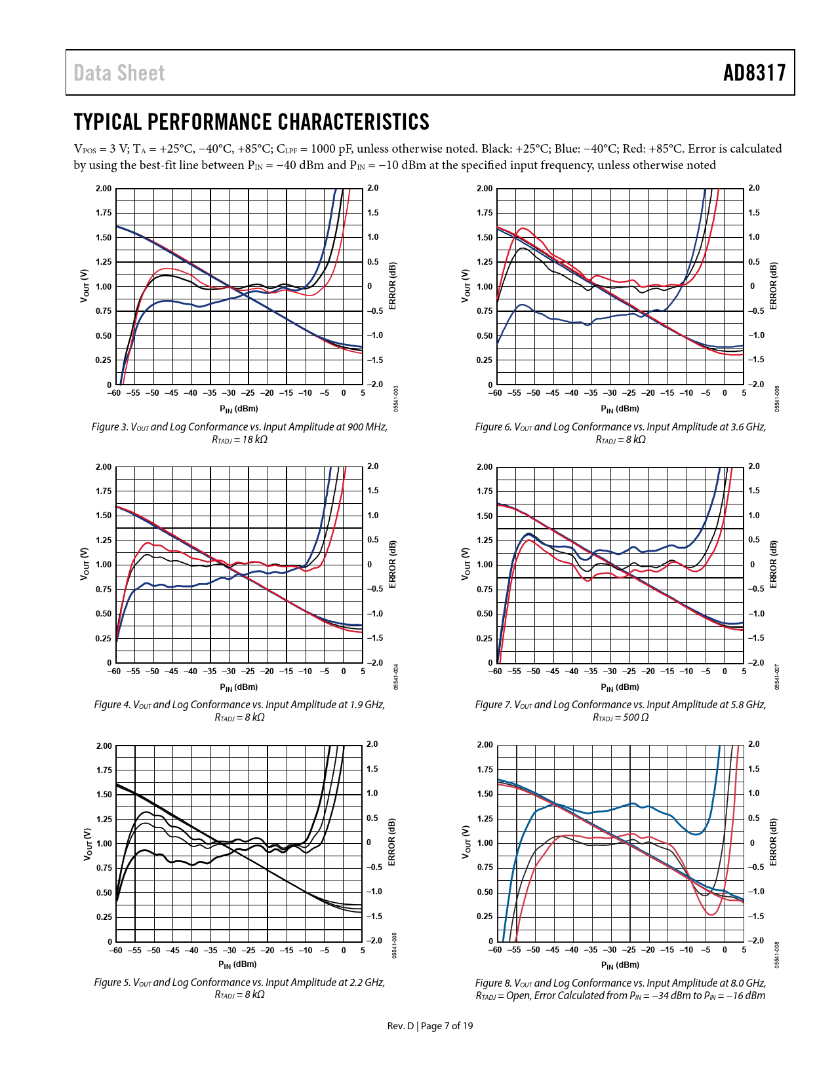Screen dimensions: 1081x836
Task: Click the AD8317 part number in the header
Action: [x=754, y=73]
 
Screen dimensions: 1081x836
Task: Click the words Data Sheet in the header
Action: [x=119, y=73]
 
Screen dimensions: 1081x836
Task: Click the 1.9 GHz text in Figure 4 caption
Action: [x=366, y=705]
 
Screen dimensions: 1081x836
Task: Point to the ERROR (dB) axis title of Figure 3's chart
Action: [x=392, y=286]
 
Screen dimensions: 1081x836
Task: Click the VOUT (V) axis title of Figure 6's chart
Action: [x=466, y=286]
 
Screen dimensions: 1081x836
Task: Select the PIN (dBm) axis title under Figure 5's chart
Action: [x=237, y=964]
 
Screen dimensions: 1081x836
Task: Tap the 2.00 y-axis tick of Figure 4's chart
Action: [x=104, y=467]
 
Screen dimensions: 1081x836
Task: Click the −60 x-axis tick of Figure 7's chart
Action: [x=495, y=672]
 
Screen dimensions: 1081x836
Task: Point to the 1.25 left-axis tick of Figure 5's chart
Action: [x=104, y=820]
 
